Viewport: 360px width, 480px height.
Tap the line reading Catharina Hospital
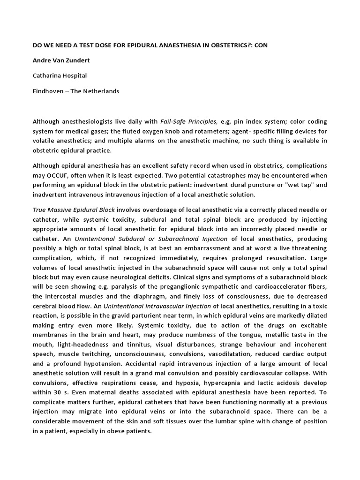coord(60,75)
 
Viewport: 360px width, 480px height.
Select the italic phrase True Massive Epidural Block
coord(74,210)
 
